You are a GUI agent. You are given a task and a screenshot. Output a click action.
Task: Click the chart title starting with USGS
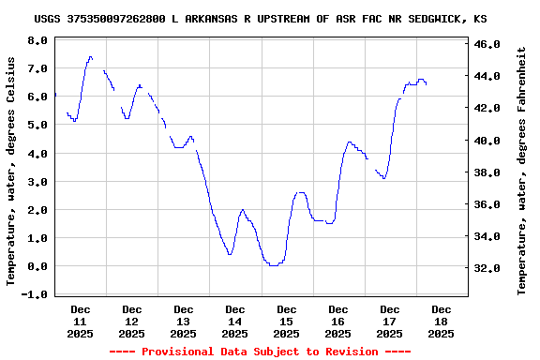(x=260, y=19)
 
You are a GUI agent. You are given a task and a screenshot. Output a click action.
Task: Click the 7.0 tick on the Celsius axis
(x=37, y=69)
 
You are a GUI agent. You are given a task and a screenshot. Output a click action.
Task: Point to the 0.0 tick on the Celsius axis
(x=37, y=266)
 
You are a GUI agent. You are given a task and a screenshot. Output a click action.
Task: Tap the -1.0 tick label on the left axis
(x=35, y=294)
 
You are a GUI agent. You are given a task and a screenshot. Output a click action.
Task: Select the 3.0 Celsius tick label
(x=37, y=182)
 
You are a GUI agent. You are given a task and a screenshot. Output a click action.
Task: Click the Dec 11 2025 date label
(x=81, y=321)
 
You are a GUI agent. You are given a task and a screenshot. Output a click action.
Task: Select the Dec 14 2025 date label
(x=235, y=321)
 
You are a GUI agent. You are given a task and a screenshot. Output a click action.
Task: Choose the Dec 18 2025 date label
(x=442, y=321)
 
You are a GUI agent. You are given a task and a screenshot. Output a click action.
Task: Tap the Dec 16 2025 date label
(x=338, y=321)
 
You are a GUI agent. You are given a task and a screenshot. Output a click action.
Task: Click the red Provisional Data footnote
(x=260, y=352)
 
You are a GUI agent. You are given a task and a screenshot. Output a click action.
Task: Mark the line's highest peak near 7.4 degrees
(x=90, y=57)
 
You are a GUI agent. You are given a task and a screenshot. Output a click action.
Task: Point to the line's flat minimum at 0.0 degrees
(x=273, y=265)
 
